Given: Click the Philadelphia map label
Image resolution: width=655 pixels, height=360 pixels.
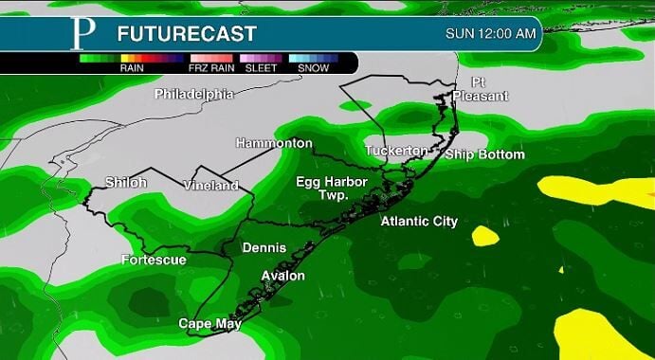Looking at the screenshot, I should click(193, 94).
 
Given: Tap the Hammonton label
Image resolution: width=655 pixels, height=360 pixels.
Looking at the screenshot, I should click(274, 143).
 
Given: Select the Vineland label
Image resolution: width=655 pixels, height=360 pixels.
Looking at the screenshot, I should click(210, 185).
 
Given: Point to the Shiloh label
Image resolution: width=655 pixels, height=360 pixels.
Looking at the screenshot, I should click(126, 182).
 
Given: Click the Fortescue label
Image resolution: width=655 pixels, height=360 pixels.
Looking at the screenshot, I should click(154, 260).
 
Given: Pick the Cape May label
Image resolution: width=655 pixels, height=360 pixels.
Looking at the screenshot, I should click(209, 324).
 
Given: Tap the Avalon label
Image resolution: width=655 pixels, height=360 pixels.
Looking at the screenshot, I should click(283, 276).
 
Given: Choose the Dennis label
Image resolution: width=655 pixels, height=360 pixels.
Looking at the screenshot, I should click(264, 248).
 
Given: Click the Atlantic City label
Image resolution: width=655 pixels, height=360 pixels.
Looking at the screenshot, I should click(419, 222).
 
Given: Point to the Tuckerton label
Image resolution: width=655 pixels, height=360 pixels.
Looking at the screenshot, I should click(396, 152).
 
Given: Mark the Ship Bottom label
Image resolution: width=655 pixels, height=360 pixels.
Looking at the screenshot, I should click(484, 154).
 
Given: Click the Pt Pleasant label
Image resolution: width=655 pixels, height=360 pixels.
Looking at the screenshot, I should click(480, 89).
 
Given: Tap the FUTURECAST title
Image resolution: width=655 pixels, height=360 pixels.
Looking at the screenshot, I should click(187, 34).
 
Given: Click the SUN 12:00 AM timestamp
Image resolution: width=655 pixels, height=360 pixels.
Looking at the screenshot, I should click(491, 34).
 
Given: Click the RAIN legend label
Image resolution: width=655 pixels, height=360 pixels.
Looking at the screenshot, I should click(131, 68).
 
